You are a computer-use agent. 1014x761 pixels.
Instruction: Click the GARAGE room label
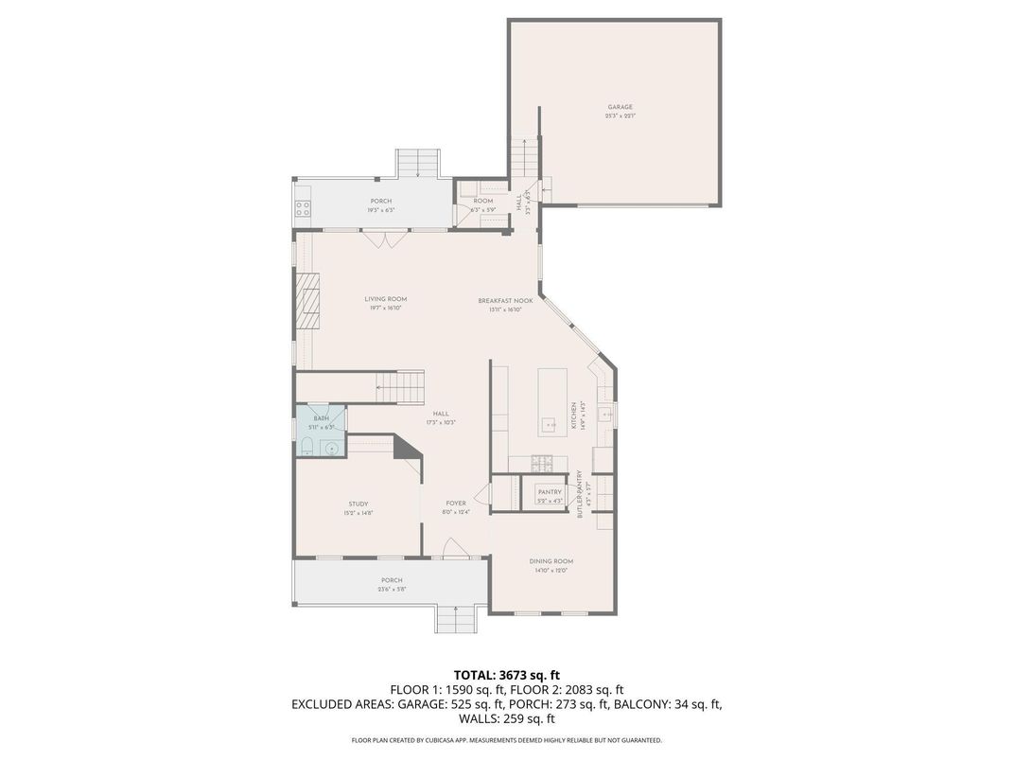pyautogui.click(x=620, y=107)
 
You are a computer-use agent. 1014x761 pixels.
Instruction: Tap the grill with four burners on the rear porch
pyautogui.click(x=303, y=208)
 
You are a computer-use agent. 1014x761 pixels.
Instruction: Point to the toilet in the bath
pyautogui.click(x=307, y=446)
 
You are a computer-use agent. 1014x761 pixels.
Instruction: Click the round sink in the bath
pyautogui.click(x=331, y=448)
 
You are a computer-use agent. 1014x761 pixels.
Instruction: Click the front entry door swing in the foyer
pyautogui.click(x=454, y=548)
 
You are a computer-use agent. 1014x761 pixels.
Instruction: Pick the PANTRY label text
pyautogui.click(x=550, y=492)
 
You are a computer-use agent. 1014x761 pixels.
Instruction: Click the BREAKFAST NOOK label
pyautogui.click(x=505, y=300)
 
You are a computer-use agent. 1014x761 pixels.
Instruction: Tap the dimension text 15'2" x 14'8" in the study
pyautogui.click(x=358, y=513)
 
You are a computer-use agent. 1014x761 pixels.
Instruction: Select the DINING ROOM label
pyautogui.click(x=551, y=561)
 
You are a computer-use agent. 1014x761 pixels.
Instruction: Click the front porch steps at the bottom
pyautogui.click(x=456, y=620)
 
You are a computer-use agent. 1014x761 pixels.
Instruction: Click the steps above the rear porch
pyautogui.click(x=416, y=163)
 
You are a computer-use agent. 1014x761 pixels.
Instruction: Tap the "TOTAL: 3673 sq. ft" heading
pyautogui.click(x=506, y=675)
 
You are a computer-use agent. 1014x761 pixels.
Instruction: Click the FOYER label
pyautogui.click(x=456, y=504)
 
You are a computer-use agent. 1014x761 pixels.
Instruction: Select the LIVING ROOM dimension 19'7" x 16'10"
pyautogui.click(x=386, y=309)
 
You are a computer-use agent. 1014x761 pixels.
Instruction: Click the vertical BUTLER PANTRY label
pyautogui.click(x=579, y=493)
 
